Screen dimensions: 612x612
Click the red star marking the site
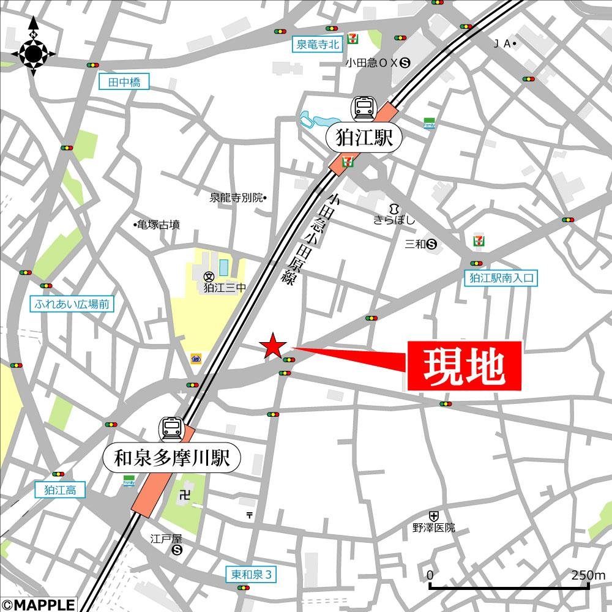click(272, 347)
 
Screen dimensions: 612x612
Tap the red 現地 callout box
click(465, 366)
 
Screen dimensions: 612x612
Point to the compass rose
click(33, 54)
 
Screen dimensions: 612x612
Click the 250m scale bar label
click(588, 575)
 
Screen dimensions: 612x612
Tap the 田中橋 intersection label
click(124, 82)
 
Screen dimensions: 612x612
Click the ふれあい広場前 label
click(72, 304)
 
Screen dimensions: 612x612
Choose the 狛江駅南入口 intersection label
click(501, 278)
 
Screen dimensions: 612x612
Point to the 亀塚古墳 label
click(158, 225)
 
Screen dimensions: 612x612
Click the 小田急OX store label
click(373, 62)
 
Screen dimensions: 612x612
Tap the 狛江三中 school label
click(225, 287)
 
